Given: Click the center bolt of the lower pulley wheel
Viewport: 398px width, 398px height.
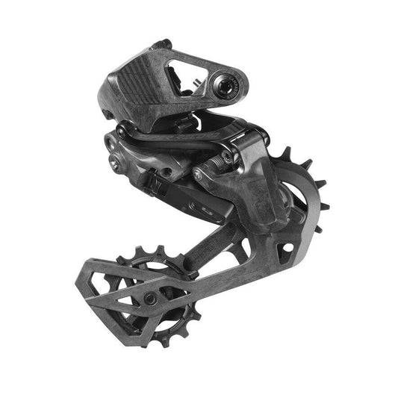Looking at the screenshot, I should click(150, 298).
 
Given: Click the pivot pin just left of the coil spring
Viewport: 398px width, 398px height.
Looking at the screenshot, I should click(201, 173).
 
